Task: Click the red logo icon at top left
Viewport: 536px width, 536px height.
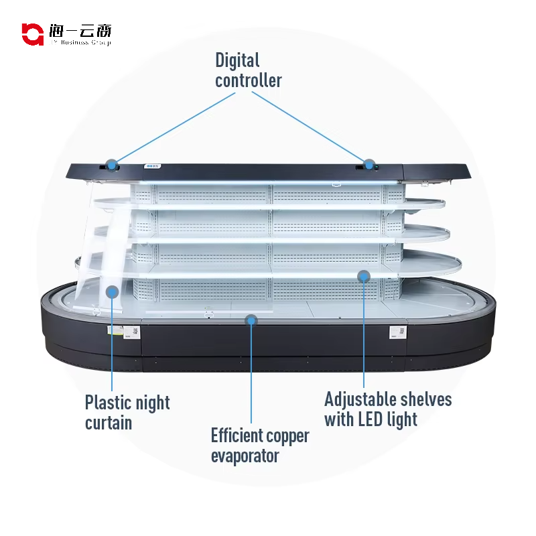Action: coord(31,33)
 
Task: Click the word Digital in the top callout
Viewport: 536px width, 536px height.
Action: coord(237,60)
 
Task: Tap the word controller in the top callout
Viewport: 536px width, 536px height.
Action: coord(248,81)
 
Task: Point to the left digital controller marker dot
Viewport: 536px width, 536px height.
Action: coord(112,163)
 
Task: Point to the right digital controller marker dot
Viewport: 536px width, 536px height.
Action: coord(368,163)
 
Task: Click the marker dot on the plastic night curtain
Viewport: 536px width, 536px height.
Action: coord(112,291)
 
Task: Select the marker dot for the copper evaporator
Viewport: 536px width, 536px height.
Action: coord(251,320)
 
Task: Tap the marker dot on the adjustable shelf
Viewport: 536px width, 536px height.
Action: coord(363,275)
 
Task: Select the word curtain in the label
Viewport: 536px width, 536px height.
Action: coord(108,423)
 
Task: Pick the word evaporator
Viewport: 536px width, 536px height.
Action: coord(245,457)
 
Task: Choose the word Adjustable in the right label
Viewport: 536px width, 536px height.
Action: coord(360,400)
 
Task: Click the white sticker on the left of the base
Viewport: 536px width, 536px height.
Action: coord(125,332)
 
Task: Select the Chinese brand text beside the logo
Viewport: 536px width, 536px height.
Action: coord(80,31)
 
